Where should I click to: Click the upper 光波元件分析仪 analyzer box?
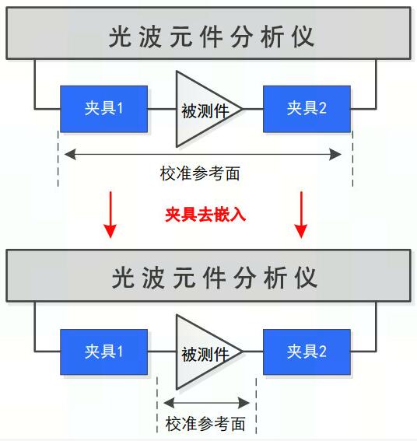(208, 33)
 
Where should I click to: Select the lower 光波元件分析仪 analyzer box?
(208, 275)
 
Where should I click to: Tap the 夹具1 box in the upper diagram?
(103, 109)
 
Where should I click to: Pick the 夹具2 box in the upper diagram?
(307, 109)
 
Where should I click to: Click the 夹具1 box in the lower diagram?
(103, 352)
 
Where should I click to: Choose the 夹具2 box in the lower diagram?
(307, 352)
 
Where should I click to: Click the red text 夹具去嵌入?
(205, 215)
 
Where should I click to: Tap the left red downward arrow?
(110, 215)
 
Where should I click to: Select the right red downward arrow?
(301, 215)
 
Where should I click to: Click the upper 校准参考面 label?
(200, 173)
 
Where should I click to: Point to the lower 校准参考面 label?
(205, 424)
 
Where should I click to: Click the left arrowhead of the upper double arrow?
(70, 155)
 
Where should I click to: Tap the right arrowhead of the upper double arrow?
(335, 155)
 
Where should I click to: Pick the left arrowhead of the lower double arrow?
(169, 403)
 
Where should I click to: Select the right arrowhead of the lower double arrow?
(244, 403)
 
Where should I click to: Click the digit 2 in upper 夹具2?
(323, 108)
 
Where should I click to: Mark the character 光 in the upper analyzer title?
(120, 37)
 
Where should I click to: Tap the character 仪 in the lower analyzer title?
(306, 278)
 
